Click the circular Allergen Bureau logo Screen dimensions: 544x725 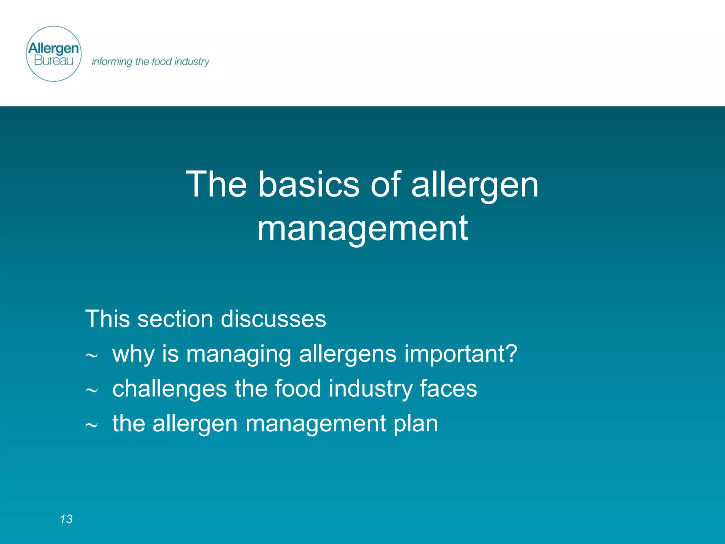54,54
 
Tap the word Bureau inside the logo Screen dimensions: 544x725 53,61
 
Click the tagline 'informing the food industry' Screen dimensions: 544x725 150,62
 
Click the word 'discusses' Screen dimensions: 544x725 273,319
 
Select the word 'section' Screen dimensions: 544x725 175,319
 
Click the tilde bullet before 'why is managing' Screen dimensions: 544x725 91,356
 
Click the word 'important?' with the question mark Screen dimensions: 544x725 461,354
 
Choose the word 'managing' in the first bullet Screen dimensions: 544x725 239,354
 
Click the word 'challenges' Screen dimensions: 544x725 170,389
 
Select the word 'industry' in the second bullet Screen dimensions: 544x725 371,389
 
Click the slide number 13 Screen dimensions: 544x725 66,519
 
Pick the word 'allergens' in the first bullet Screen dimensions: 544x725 348,354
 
